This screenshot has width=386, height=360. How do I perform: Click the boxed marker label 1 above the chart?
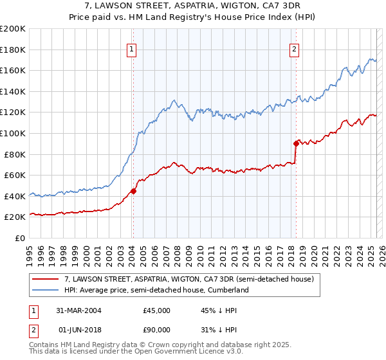coord(131,49)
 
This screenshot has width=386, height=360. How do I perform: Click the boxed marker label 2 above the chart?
coord(294,49)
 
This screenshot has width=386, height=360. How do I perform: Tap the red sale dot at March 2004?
coord(133,190)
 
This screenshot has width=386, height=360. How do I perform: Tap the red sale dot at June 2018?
coord(296,143)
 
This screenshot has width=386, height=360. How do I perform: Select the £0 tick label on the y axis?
coord(20,238)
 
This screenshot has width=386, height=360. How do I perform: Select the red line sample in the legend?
coord(45,280)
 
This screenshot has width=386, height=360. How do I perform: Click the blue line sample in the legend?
coord(45,291)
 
